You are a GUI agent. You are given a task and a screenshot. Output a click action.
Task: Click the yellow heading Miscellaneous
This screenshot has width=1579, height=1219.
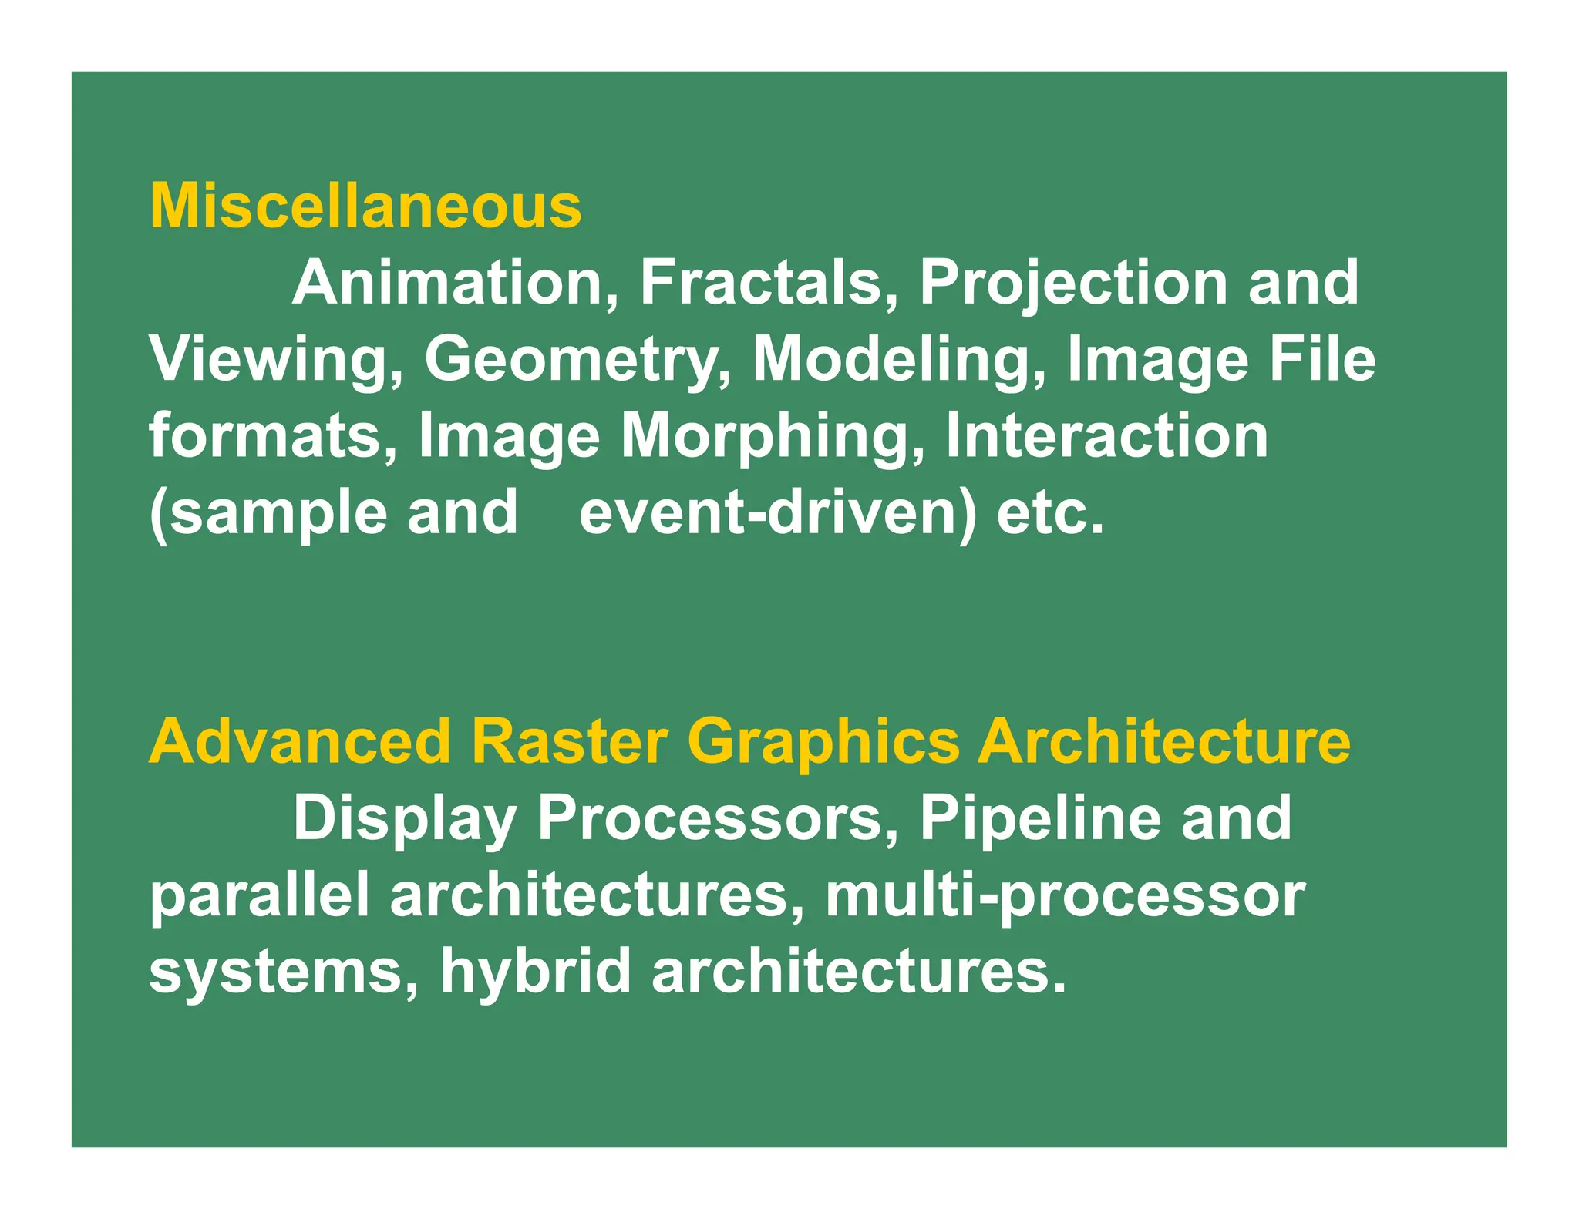point(365,207)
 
